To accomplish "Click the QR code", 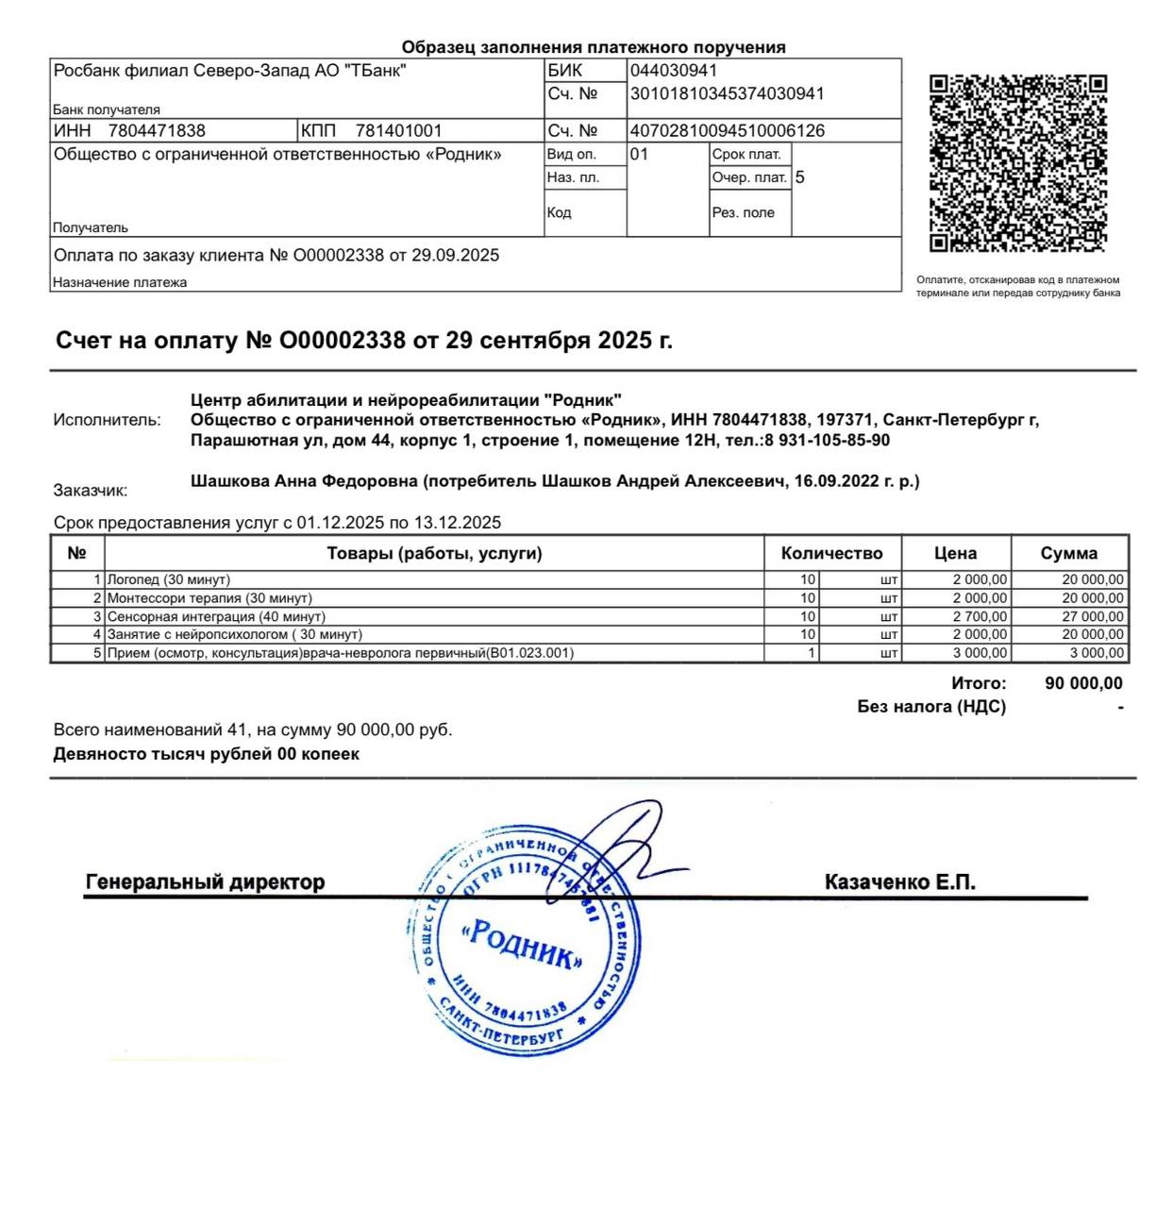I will pos(1017,164).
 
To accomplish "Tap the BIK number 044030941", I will pos(674,71).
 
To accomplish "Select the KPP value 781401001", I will pos(398,131).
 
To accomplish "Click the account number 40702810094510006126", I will pos(727,131).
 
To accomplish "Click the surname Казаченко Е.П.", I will pos(899,882).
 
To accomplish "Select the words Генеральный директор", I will pos(205,882).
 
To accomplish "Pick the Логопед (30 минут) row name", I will pos(169,579).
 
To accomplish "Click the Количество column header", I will pos(831,554).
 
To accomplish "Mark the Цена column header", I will pos(955,554).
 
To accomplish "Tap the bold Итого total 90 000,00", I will pos(1083,683).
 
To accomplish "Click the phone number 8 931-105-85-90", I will pos(827,441).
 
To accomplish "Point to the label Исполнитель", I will pos(107,420).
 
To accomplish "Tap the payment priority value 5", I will pos(800,177).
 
